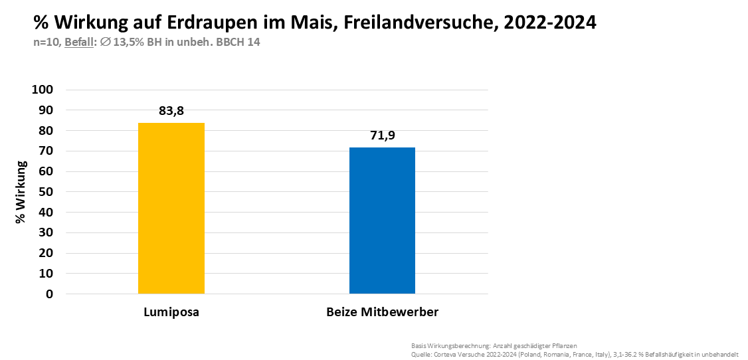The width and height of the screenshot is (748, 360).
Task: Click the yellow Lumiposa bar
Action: point(171,208)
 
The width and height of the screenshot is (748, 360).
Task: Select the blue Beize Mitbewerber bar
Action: point(382,220)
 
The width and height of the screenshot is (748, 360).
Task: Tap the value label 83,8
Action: point(171,111)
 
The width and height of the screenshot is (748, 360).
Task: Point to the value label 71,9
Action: point(382,135)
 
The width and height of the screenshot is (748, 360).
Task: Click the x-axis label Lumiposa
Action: point(171,312)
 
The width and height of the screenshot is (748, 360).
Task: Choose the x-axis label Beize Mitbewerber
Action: point(382,312)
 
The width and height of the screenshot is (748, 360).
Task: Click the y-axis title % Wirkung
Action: point(21,191)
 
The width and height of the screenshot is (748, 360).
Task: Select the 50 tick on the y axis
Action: point(55,192)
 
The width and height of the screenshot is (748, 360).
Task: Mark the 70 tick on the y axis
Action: point(55,151)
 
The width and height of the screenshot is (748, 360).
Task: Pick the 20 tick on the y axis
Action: point(55,253)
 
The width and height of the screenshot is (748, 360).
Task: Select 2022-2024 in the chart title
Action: point(550,23)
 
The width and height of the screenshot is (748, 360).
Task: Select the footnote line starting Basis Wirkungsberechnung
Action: point(494,346)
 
